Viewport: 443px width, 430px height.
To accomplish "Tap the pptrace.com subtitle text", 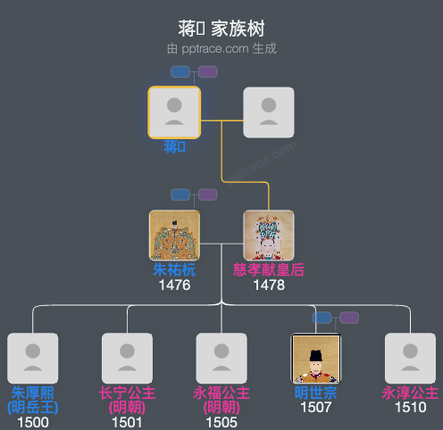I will tap(221, 48).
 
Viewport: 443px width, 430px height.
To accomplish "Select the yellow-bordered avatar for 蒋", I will tap(174, 112).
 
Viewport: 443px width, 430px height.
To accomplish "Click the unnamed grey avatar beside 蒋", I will tap(269, 112).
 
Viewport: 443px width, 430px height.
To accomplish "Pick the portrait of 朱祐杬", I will tap(174, 236).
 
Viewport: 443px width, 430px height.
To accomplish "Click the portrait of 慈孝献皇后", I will tap(269, 236).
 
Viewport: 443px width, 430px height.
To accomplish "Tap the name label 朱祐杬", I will tap(174, 270).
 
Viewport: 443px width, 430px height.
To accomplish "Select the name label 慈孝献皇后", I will tap(269, 270).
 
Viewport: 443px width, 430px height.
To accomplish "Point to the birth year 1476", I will tap(174, 285).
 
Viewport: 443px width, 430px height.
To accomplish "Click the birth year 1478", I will tap(269, 285).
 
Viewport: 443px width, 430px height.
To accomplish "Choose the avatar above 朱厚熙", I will tap(33, 359).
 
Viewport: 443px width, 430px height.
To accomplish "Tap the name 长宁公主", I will tap(127, 393).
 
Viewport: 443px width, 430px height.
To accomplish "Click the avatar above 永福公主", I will tap(221, 359).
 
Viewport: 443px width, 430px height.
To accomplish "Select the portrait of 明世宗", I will tap(316, 359).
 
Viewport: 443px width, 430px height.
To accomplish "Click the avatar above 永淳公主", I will tap(411, 359).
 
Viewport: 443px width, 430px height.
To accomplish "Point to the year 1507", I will tap(316, 408).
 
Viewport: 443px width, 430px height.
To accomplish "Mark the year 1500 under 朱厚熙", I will tap(33, 422).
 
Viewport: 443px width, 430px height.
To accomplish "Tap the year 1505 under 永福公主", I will tap(221, 422).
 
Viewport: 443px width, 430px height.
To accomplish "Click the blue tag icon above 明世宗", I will tap(322, 318).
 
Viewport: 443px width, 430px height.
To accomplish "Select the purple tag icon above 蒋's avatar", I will tap(207, 71).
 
